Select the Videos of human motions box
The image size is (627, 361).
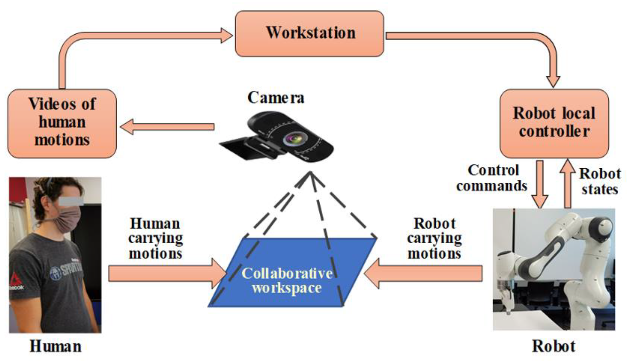62,123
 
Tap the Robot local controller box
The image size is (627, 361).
554,123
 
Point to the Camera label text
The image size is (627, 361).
276,98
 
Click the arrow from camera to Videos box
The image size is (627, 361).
167,127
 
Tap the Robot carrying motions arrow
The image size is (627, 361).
424,274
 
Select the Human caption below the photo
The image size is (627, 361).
56,346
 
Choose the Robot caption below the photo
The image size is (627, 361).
554,346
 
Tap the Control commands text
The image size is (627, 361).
492,178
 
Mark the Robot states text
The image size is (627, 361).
600,181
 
